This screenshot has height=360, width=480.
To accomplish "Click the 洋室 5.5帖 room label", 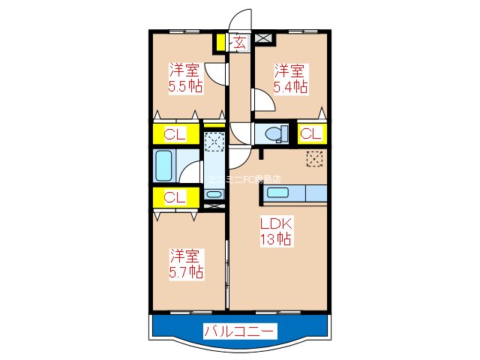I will pos(184,79).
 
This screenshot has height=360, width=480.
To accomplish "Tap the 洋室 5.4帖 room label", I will pos(289,79).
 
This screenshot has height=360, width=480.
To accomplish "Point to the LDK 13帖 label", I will pos(275,232).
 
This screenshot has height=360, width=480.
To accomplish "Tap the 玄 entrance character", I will pos(239,42).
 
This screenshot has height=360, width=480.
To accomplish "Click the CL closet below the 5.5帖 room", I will pos(175,135).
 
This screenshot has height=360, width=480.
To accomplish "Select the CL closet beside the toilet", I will pos(311,134).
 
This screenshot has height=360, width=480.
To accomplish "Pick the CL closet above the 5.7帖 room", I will pos(175,197).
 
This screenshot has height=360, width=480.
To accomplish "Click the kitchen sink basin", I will pos(282,193).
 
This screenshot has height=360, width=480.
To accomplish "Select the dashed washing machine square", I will pos(214,141).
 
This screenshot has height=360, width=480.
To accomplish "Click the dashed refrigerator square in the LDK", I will pos(315,158).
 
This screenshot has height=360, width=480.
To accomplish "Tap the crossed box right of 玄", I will pos(262,38).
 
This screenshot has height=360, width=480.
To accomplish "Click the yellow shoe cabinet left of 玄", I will pos(220,42).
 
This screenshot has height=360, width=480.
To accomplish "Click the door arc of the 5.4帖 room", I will pos(262,99).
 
